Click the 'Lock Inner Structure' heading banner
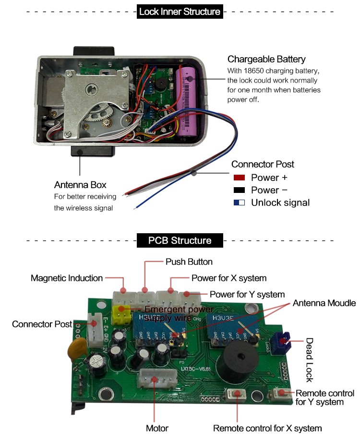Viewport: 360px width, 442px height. coord(180,12)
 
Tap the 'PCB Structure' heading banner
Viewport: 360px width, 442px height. coord(180,240)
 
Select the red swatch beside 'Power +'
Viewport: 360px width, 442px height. coord(239,178)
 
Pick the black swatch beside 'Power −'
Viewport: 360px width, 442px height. coord(239,190)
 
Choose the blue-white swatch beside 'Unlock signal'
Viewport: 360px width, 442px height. coord(239,203)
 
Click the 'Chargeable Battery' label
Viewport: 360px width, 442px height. coord(266,60)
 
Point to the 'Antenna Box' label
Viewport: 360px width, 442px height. coord(80,185)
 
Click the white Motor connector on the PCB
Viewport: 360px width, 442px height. coord(155,380)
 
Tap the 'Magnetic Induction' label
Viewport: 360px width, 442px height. coord(67,278)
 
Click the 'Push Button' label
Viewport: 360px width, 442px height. coord(189,262)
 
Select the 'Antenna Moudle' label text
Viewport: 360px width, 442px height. coord(324,303)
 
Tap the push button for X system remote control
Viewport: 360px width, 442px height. coord(236,394)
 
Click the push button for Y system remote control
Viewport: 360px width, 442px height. coord(281,393)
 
